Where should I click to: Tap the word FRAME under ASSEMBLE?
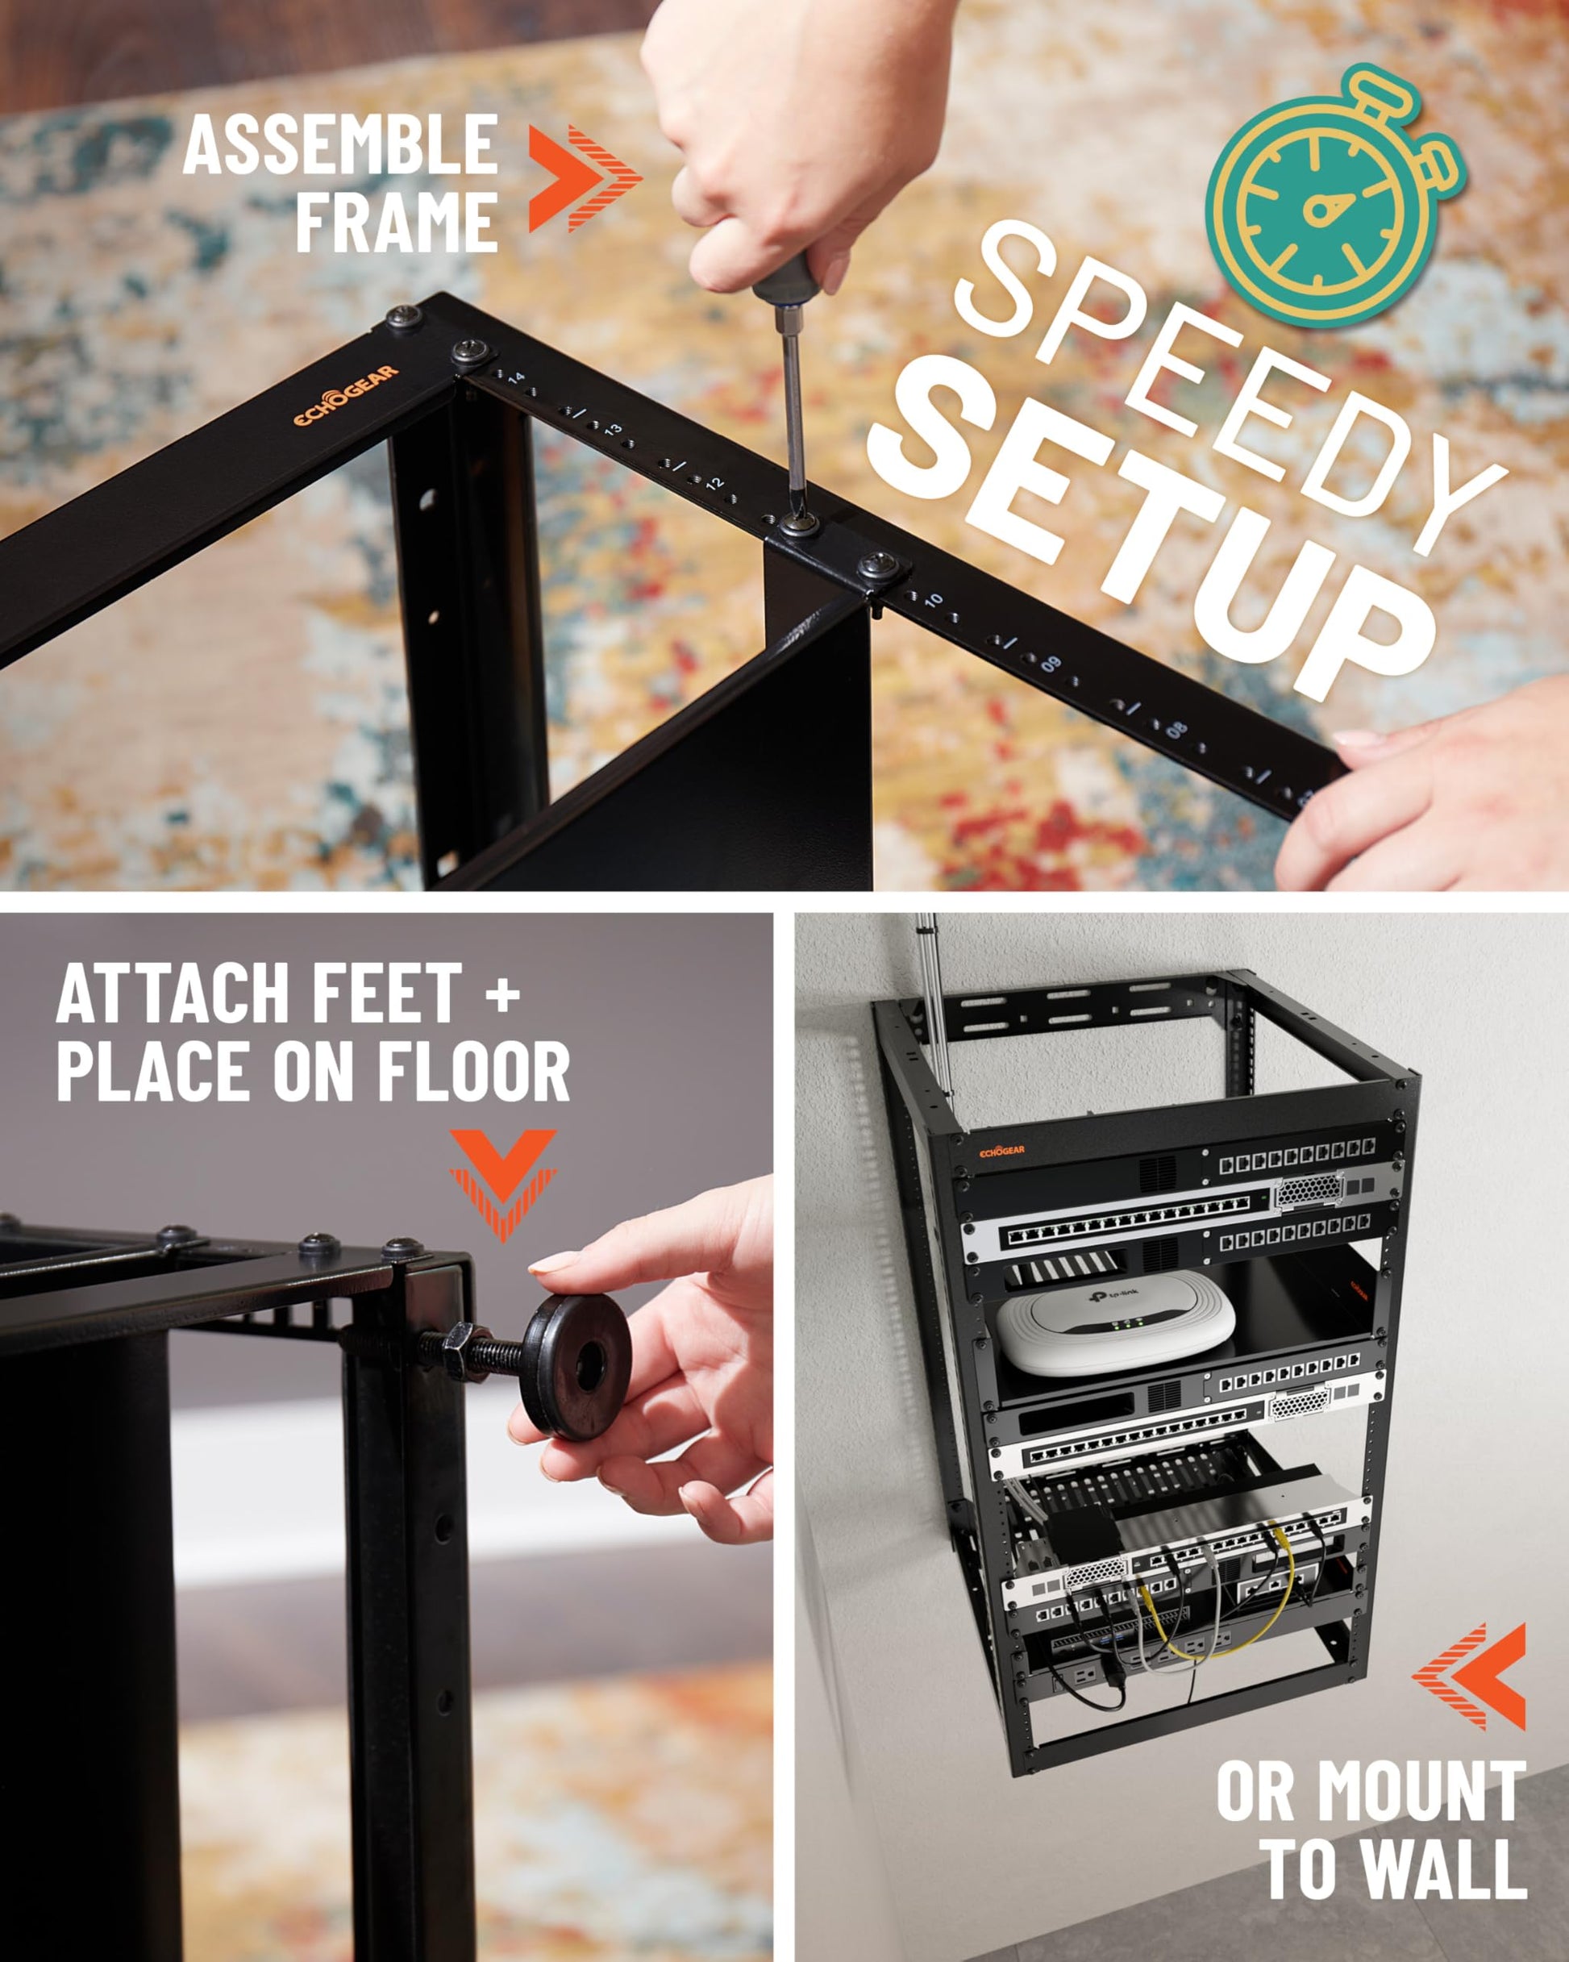click(397, 221)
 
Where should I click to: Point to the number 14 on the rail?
click(517, 377)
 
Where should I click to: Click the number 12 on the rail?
click(714, 483)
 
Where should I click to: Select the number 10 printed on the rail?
click(933, 601)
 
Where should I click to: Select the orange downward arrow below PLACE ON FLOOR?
click(502, 1185)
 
